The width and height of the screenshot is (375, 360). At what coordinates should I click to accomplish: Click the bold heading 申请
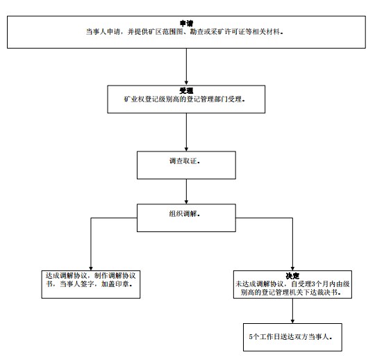[x=187, y=24]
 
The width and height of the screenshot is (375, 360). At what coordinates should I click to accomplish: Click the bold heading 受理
[x=186, y=91]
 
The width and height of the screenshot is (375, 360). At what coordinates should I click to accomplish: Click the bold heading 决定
[x=292, y=276]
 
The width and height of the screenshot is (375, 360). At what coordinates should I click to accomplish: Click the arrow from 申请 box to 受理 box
[x=186, y=67]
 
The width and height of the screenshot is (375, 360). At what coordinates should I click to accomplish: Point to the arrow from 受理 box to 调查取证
[x=186, y=132]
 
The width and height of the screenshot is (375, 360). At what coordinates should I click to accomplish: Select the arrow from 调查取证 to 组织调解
[x=186, y=192]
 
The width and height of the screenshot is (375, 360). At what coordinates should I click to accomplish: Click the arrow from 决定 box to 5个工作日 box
[x=292, y=311]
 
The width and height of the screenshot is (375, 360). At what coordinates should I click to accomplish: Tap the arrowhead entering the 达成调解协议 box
[x=91, y=268]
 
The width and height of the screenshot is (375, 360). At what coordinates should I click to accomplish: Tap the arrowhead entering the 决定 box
[x=292, y=268]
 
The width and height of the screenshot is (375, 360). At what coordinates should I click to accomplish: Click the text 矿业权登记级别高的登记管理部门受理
[x=183, y=99]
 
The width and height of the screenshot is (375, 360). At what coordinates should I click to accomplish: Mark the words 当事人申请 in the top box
[x=103, y=31]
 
